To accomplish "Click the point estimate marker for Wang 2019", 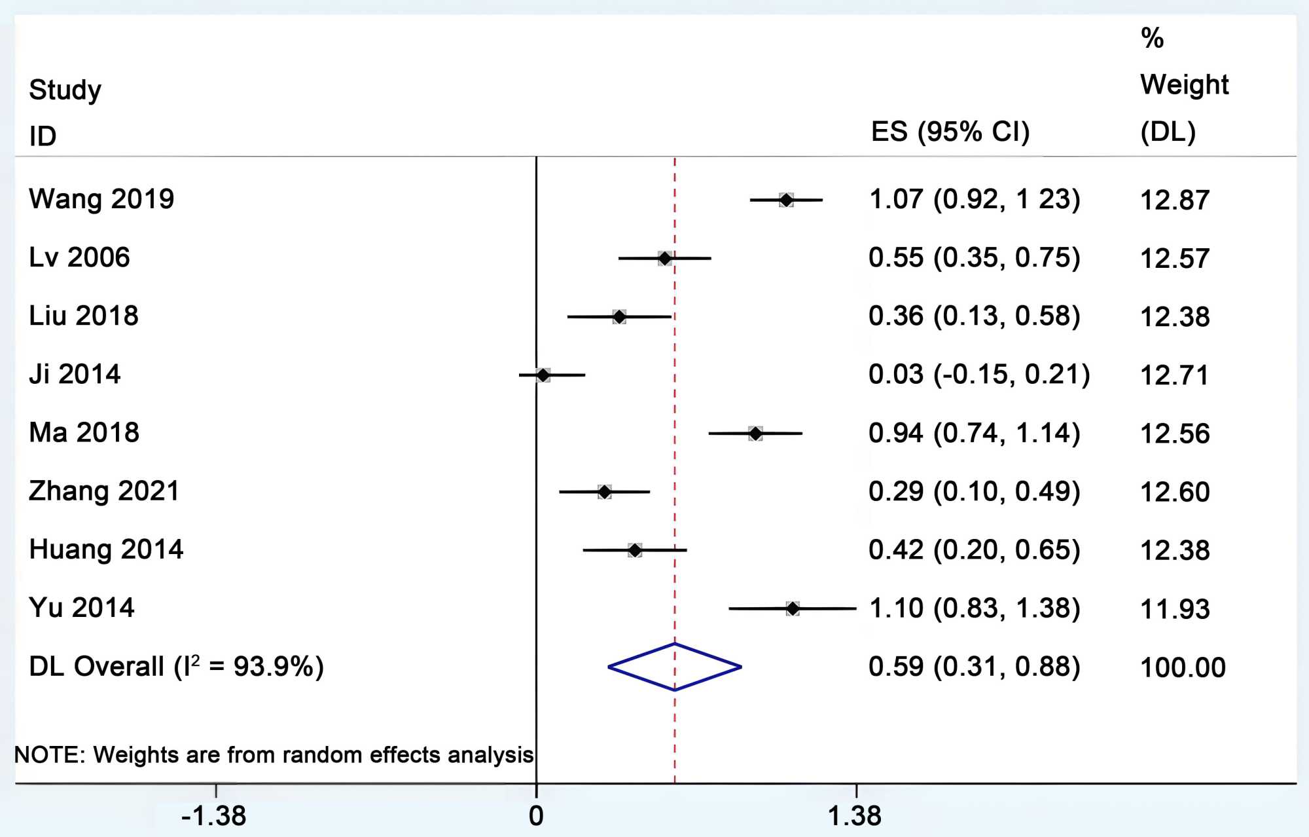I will [x=786, y=200].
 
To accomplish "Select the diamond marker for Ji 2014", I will [x=543, y=375].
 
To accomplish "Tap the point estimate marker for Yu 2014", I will [x=793, y=608].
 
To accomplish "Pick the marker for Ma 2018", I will [x=755, y=434].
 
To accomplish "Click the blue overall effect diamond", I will [x=675, y=667].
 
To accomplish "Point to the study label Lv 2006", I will [x=79, y=257].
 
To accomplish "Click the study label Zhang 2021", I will [x=104, y=491].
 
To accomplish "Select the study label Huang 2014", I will [x=106, y=549].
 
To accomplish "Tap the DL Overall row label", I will [x=177, y=667].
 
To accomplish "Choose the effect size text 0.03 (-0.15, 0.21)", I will [x=979, y=375].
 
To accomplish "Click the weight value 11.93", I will [x=1175, y=609].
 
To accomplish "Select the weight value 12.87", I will [x=1175, y=200].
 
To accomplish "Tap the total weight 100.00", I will [x=1183, y=667].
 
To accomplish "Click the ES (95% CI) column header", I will [x=950, y=132].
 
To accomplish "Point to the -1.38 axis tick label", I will [x=213, y=816].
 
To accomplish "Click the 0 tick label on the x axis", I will [x=536, y=816].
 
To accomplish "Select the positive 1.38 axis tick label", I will [x=855, y=816].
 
